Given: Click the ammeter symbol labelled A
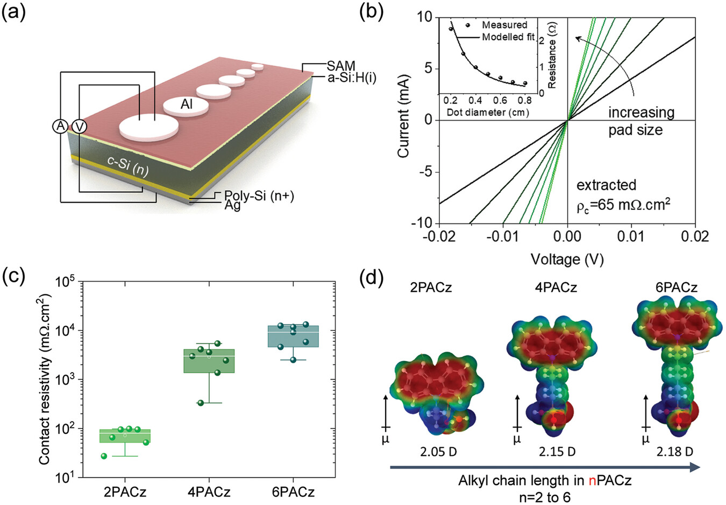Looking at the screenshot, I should coord(60,126).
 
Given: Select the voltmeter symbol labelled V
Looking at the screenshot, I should coord(79,126).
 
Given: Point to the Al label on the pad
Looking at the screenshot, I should coord(187,104).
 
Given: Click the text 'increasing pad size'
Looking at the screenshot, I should coord(641,121).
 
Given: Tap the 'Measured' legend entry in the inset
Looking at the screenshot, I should coord(504,25).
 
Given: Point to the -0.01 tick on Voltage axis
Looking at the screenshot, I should coord(504,236).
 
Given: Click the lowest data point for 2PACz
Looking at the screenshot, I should coord(104,456).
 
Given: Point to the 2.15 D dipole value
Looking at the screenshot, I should coord(557,451).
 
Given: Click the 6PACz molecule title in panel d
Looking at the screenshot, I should coord(677,287).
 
